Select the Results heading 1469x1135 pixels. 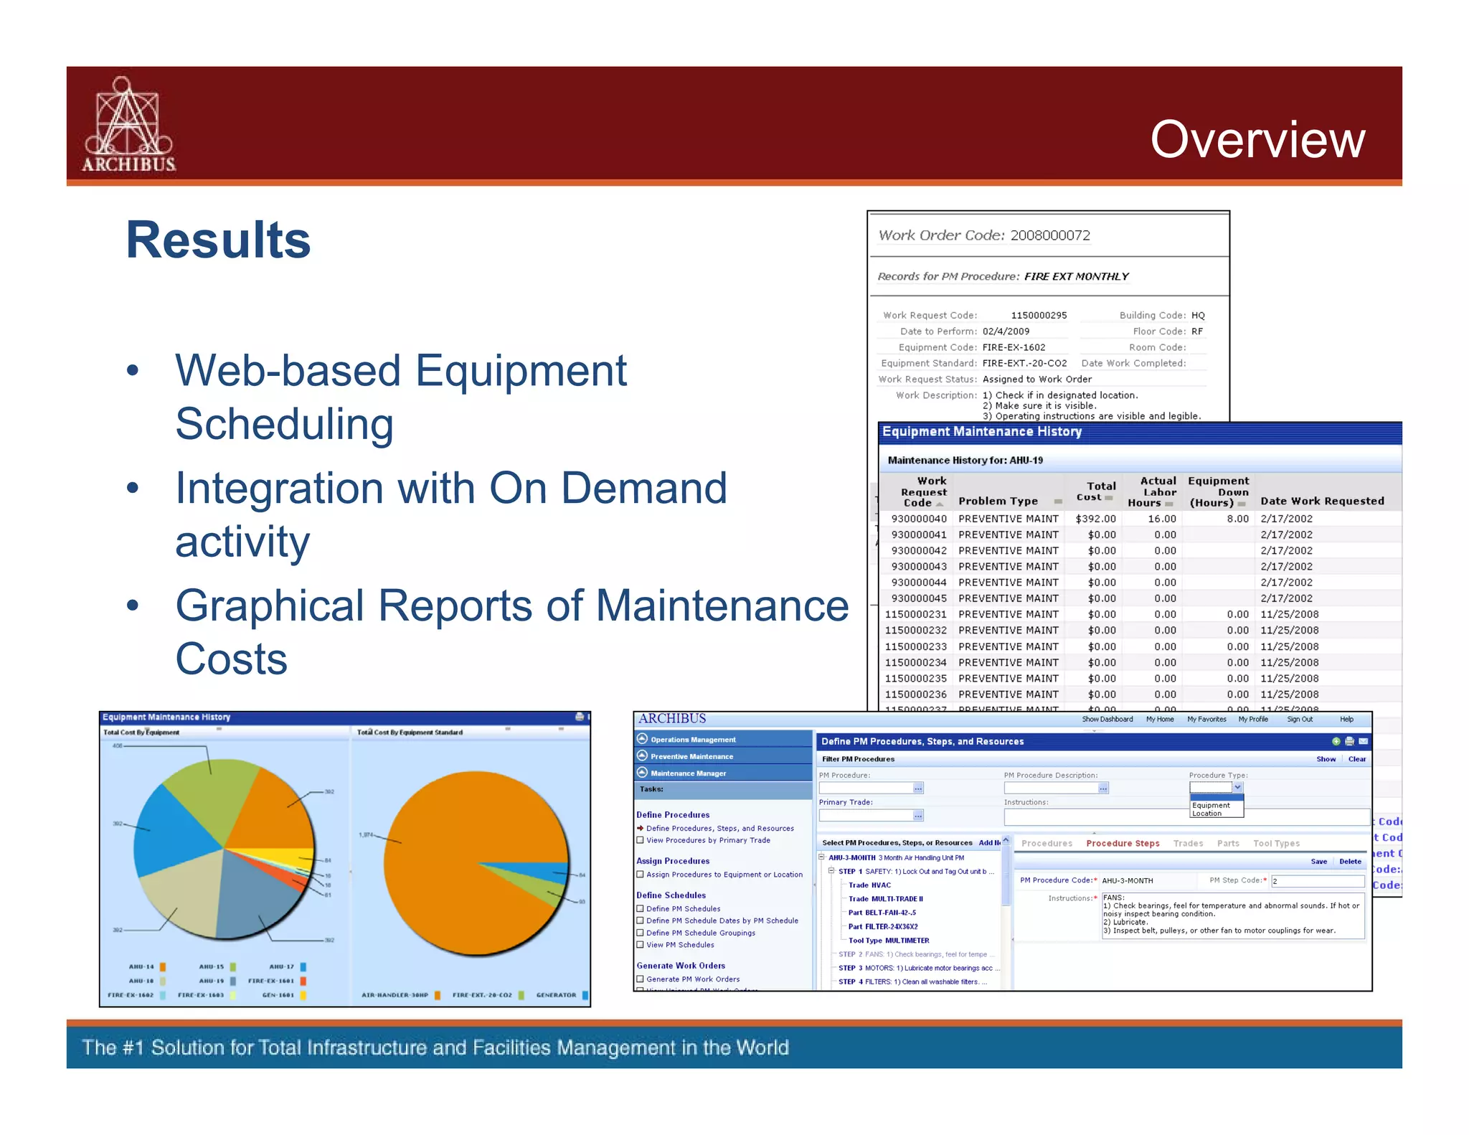click(218, 240)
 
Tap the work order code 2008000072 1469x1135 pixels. click(1050, 235)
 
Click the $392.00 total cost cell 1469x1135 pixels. click(1095, 519)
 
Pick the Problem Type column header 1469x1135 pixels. click(998, 501)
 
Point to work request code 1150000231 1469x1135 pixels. click(915, 615)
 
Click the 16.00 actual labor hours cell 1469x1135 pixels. click(1161, 519)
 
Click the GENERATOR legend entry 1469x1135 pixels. click(557, 995)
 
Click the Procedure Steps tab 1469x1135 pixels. click(1123, 844)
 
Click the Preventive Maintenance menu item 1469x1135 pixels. click(691, 756)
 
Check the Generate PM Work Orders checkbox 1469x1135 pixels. click(641, 979)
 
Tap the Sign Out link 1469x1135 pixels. click(1300, 719)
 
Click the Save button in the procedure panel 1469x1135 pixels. click(1318, 862)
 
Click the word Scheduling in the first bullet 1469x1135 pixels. click(284, 424)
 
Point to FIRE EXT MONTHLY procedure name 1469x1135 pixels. click(1076, 276)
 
